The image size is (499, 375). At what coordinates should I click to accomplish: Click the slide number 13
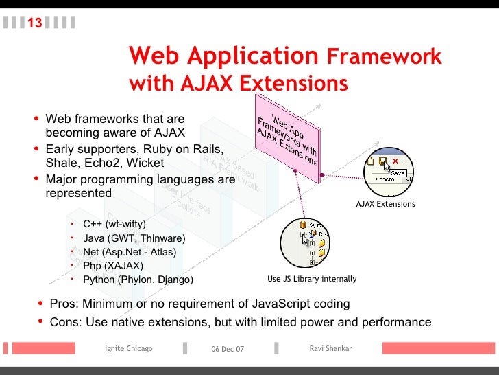pyautogui.click(x=34, y=23)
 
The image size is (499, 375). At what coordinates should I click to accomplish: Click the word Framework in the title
pyautogui.click(x=384, y=57)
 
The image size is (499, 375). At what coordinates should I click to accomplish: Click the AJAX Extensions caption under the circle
pyautogui.click(x=385, y=204)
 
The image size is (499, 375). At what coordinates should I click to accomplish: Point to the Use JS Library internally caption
pyautogui.click(x=312, y=279)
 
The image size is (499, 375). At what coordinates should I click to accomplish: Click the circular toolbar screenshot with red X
pyautogui.click(x=388, y=171)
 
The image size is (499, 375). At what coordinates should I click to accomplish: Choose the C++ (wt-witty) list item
pyautogui.click(x=114, y=224)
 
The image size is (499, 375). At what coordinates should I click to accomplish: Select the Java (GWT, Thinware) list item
pyautogui.click(x=134, y=238)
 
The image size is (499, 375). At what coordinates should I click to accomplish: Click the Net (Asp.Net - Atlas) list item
pyautogui.click(x=129, y=252)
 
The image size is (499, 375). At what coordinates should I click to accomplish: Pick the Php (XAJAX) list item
pyautogui.click(x=112, y=266)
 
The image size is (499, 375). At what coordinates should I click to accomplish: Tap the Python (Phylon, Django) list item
pyautogui.click(x=138, y=280)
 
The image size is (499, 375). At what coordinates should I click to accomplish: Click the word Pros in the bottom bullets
pyautogui.click(x=63, y=304)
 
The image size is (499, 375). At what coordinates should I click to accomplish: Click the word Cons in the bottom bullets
pyautogui.click(x=64, y=322)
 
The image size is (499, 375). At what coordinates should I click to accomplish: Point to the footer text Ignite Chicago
pyautogui.click(x=128, y=349)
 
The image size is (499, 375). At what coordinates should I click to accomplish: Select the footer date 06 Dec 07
pyautogui.click(x=227, y=350)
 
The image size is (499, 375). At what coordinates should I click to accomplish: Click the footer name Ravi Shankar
pyautogui.click(x=330, y=349)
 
